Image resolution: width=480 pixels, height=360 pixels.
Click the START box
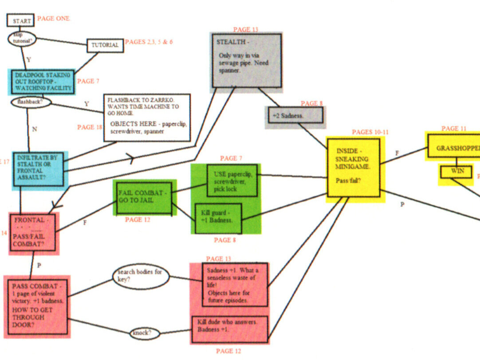pyautogui.click(x=20, y=20)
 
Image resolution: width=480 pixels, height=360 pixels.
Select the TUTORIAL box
pyautogui.click(x=105, y=45)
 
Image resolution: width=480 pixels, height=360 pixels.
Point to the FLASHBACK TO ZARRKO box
pyautogui.click(x=147, y=118)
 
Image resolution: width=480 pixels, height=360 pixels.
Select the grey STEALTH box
pyautogui.click(x=247, y=60)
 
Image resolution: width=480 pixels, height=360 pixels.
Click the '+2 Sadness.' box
pyautogui.click(x=295, y=115)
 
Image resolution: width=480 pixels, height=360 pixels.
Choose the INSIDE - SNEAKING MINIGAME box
pyautogui.click(x=354, y=167)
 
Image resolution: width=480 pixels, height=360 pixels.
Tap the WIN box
pyautogui.click(x=456, y=171)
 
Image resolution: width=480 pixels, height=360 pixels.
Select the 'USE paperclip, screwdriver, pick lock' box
pyautogui.click(x=232, y=180)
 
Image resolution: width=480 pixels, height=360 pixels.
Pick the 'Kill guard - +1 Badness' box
pyautogui.click(x=218, y=218)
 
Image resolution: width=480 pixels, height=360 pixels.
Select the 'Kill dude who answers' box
pyautogui.click(x=230, y=329)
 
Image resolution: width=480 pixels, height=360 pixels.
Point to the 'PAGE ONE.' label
pyautogui.click(x=54, y=18)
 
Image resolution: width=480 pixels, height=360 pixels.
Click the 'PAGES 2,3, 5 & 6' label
pyautogui.click(x=149, y=42)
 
